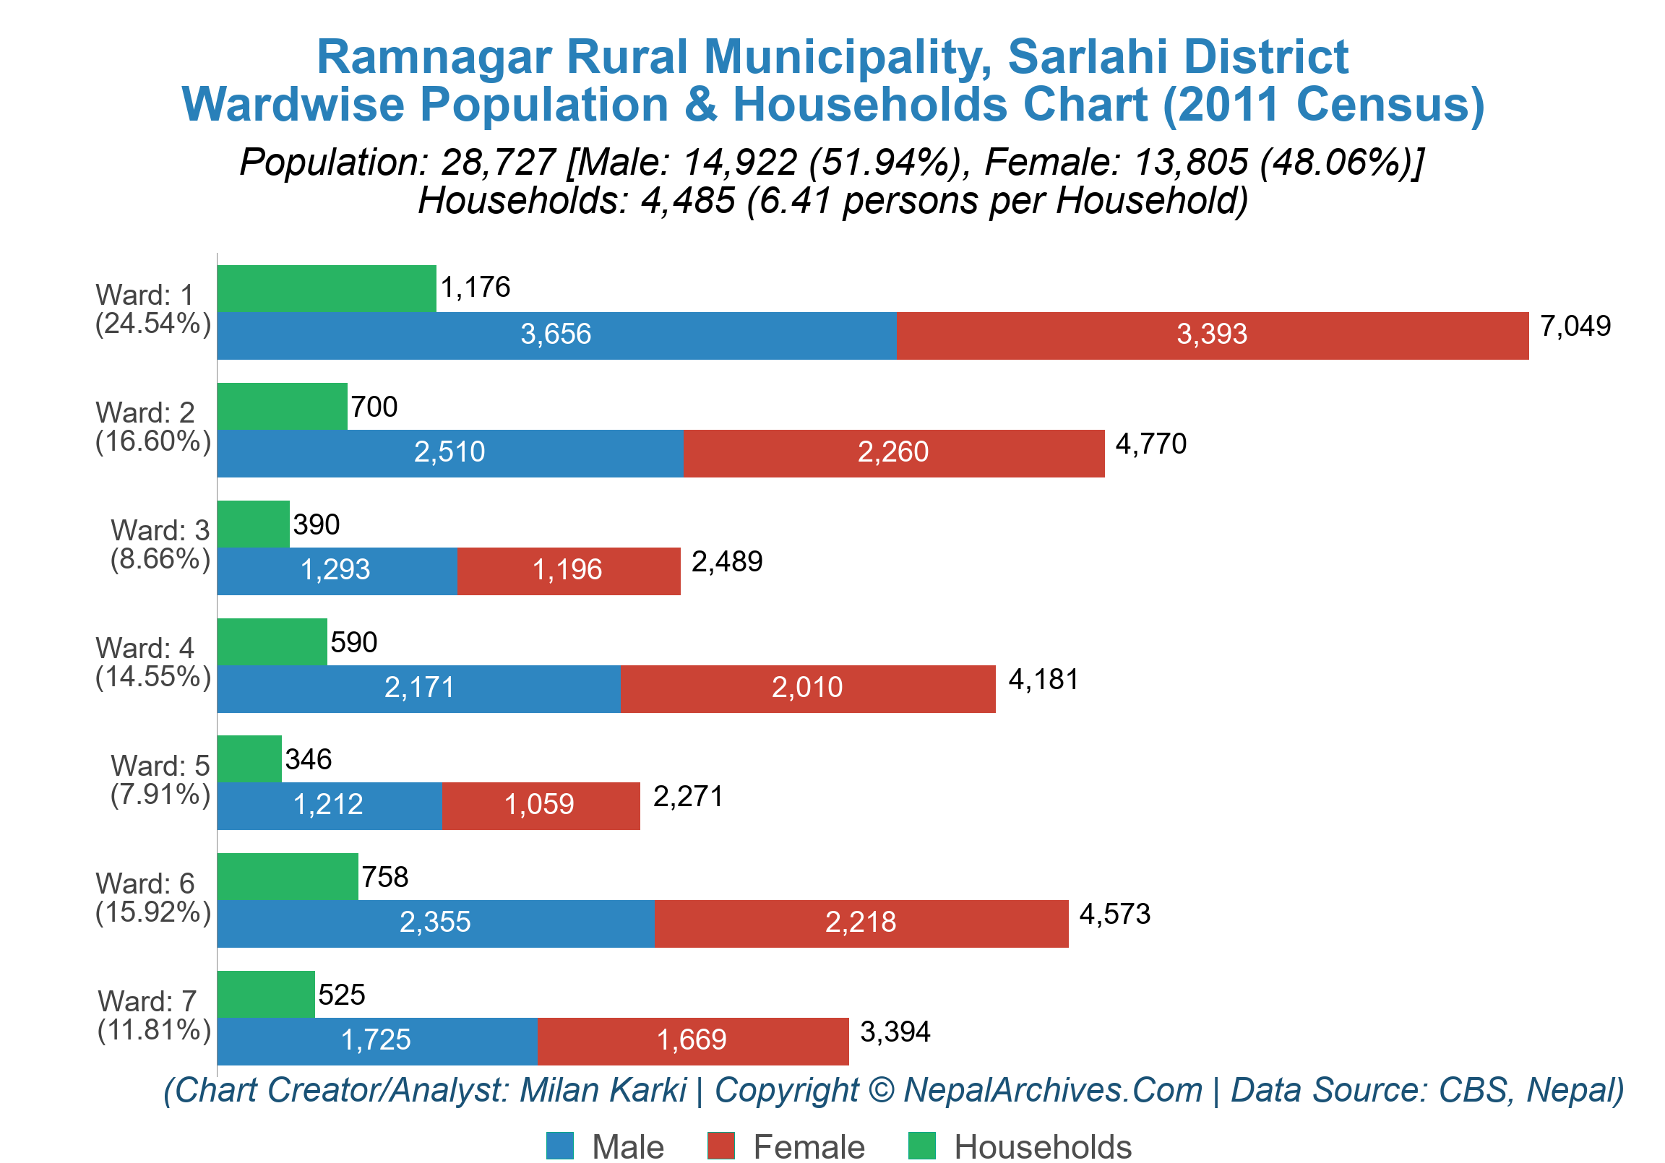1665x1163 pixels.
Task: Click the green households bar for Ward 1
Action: coord(327,288)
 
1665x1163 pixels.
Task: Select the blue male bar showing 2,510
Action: coord(449,453)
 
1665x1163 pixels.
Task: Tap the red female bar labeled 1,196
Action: coord(569,571)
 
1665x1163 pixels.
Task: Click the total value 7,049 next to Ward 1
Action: coord(1575,327)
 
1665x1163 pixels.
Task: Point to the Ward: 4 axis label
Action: coord(145,647)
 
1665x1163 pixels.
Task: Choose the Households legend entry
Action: coord(1019,1146)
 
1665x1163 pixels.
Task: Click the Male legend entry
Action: coord(606,1146)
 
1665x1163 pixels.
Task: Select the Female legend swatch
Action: coord(720,1146)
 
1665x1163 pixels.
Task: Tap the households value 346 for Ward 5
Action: coord(308,759)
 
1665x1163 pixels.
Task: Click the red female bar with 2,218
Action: coord(861,923)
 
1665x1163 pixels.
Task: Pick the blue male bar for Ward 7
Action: coord(377,1040)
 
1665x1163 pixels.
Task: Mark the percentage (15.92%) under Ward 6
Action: coord(153,912)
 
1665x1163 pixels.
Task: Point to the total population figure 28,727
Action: coord(498,162)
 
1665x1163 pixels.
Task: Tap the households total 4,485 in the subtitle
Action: coord(687,200)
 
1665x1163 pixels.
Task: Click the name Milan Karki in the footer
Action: coord(603,1090)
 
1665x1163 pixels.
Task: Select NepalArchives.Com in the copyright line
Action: coord(1052,1090)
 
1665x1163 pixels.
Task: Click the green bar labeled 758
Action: coord(287,877)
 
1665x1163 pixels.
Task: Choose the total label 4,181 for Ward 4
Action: coord(1043,680)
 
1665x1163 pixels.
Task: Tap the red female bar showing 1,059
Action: coord(541,805)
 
